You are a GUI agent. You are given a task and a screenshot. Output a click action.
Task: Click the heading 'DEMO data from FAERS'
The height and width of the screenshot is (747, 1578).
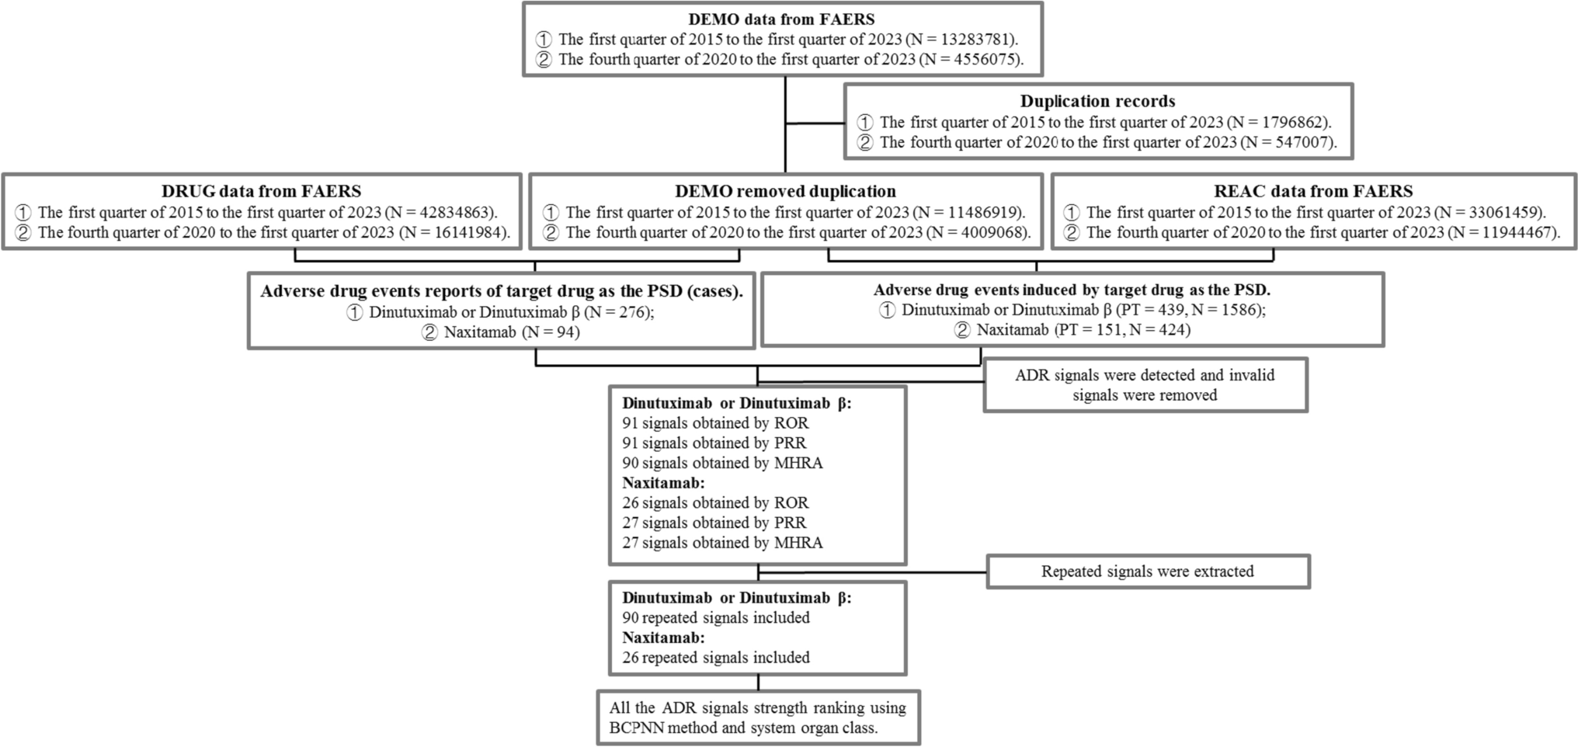pyautogui.click(x=782, y=19)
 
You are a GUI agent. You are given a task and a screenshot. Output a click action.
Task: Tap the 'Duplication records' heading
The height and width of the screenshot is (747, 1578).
pyautogui.click(x=1097, y=101)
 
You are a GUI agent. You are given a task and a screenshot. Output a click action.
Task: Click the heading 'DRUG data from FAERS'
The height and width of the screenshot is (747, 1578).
pyautogui.click(x=261, y=191)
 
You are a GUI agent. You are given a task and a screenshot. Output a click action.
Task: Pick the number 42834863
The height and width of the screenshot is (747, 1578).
pyautogui.click(x=454, y=212)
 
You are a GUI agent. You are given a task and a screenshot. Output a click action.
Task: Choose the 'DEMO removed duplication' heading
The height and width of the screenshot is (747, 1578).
pyautogui.click(x=785, y=191)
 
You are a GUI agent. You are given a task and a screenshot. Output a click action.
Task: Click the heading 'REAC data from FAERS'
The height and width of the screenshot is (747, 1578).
pyautogui.click(x=1313, y=191)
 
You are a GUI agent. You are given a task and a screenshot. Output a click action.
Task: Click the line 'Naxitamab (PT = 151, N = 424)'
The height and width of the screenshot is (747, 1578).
pyautogui.click(x=1083, y=329)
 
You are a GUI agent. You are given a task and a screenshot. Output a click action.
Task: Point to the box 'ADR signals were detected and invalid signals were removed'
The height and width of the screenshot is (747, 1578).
pyautogui.click(x=1145, y=385)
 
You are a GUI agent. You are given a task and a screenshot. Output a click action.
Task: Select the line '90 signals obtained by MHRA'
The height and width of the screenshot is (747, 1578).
pyautogui.click(x=722, y=463)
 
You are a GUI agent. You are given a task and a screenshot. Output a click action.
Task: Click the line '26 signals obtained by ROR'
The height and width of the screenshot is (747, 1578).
pyautogui.click(x=715, y=502)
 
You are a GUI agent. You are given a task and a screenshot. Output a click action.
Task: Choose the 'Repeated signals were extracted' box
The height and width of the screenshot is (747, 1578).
pyautogui.click(x=1147, y=572)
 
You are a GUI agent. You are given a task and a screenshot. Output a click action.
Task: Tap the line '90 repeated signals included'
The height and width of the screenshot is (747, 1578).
pyautogui.click(x=715, y=618)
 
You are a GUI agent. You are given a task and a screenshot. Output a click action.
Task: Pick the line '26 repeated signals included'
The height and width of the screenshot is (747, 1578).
pyautogui.click(x=715, y=658)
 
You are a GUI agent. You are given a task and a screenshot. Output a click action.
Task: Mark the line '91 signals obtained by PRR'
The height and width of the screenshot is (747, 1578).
pyautogui.click(x=714, y=443)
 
